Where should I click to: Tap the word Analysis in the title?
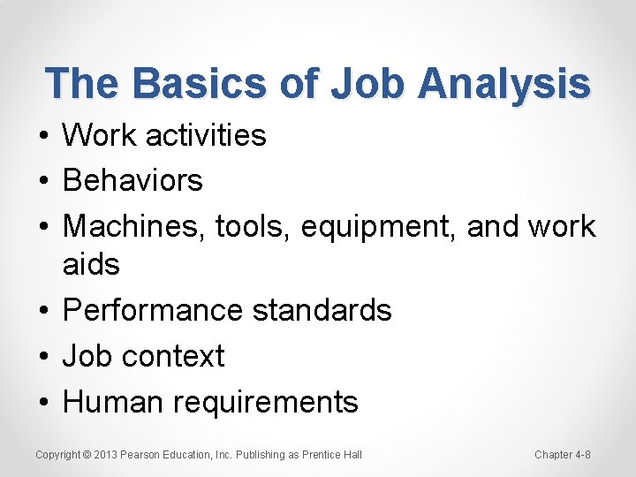click(503, 84)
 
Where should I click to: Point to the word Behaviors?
click(132, 180)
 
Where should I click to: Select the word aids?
click(91, 264)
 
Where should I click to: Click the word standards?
click(322, 310)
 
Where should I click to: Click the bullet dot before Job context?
click(42, 357)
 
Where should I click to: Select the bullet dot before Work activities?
click(42, 136)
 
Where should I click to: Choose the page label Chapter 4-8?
click(563, 455)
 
